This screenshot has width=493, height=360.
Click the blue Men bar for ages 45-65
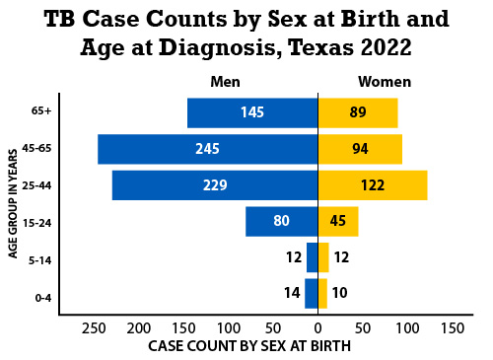pyautogui.click(x=207, y=149)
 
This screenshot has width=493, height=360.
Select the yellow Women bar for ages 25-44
pyautogui.click(x=372, y=185)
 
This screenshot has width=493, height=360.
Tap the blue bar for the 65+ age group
pyautogui.click(x=251, y=112)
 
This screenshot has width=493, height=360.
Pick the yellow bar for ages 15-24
pyautogui.click(x=337, y=221)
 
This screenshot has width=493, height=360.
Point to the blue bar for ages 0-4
pyautogui.click(x=312, y=293)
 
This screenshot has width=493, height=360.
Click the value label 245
pyautogui.click(x=207, y=149)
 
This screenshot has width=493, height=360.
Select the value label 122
pyautogui.click(x=372, y=185)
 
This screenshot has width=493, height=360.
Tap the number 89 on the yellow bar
pyautogui.click(x=357, y=112)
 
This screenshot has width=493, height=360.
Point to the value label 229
pyautogui.click(x=214, y=185)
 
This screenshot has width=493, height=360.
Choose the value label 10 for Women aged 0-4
pyautogui.click(x=340, y=293)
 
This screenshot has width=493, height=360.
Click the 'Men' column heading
pyautogui.click(x=225, y=82)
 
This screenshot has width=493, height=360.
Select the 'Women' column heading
pyautogui.click(x=385, y=82)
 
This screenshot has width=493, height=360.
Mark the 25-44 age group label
pyautogui.click(x=37, y=185)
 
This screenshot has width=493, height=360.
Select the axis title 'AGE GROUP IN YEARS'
pyautogui.click(x=14, y=203)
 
